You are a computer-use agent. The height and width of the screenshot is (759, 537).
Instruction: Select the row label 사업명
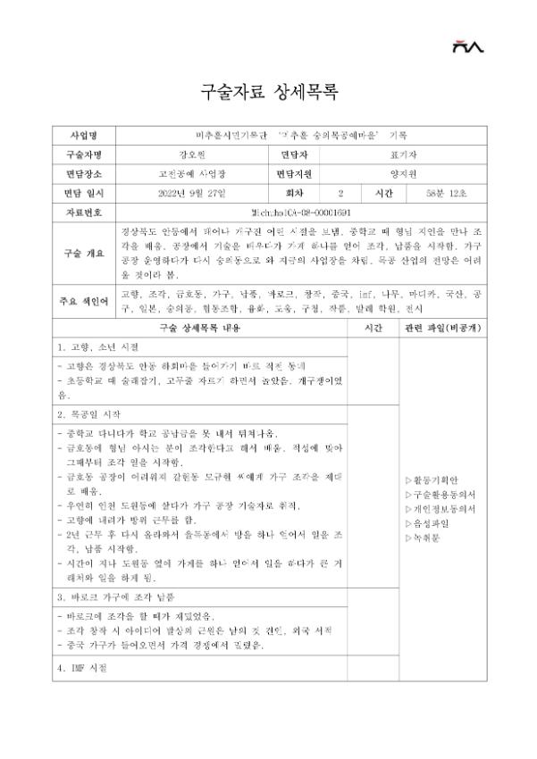coord(87,135)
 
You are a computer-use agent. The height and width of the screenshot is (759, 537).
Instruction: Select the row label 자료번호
coord(87,213)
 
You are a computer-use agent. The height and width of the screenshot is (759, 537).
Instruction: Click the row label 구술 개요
coord(87,253)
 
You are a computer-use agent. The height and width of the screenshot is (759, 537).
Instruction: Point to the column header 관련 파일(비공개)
coord(441,329)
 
